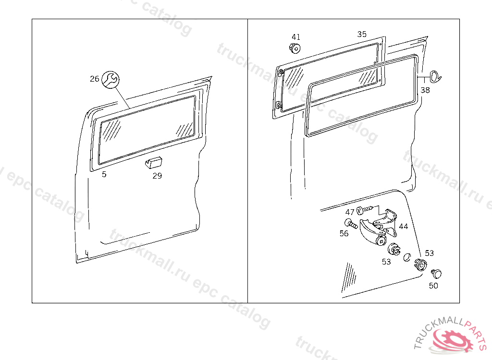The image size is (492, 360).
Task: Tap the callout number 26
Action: point(94,79)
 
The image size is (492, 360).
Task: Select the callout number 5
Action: point(104,174)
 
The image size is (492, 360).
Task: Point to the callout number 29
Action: point(157,176)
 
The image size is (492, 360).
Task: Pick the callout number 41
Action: point(296,37)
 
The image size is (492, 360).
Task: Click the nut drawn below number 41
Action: point(295,48)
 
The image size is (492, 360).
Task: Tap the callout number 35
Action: point(362,34)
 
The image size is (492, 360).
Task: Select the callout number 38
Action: point(425,90)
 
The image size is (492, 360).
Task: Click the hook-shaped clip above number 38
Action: point(434,76)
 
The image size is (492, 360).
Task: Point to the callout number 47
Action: point(350,212)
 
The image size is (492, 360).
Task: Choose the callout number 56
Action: point(344,234)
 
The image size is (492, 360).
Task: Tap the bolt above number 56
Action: point(351,223)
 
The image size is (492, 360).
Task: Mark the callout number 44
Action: point(404,226)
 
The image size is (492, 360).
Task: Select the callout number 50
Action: point(433,286)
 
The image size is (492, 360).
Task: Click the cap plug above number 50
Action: point(436,274)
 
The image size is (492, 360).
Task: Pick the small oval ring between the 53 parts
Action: point(406,257)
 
